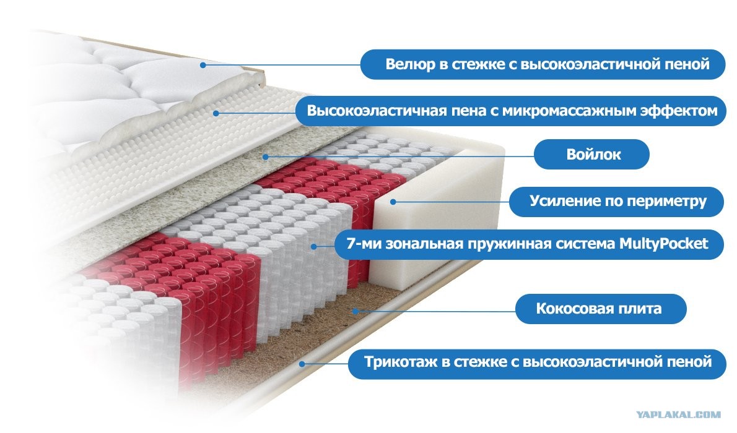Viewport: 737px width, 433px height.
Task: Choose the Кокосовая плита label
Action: click(x=601, y=309)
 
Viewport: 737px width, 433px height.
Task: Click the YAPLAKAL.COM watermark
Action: click(x=679, y=414)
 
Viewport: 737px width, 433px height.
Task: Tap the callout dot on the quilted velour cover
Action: click(x=203, y=65)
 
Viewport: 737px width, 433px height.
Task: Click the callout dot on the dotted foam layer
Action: click(x=216, y=113)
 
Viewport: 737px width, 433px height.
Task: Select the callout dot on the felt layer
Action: click(x=266, y=157)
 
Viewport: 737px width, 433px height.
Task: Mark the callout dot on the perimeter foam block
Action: click(x=393, y=202)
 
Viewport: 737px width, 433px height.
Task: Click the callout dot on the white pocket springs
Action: click(x=313, y=246)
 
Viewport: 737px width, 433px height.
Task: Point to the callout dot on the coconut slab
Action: click(x=356, y=311)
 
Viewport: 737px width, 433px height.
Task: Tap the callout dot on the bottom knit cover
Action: click(x=303, y=363)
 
